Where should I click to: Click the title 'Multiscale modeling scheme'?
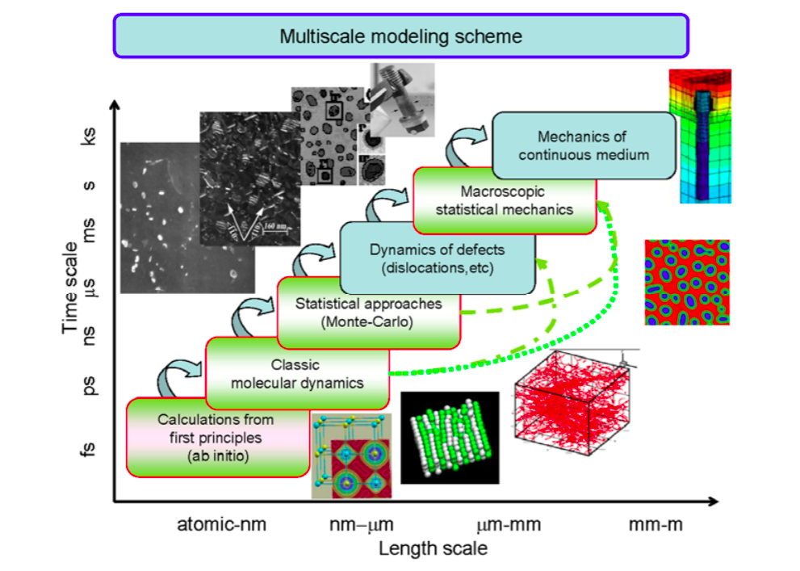click(x=400, y=36)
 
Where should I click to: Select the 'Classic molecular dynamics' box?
click(x=297, y=374)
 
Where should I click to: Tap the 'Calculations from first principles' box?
click(x=216, y=436)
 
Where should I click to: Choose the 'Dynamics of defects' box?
click(x=438, y=258)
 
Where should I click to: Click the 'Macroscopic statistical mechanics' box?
click(x=505, y=200)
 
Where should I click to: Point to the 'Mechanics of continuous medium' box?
click(x=583, y=145)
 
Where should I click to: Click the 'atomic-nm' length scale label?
click(x=222, y=525)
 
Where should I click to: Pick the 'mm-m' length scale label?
click(x=655, y=525)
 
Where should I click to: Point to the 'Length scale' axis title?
click(x=434, y=549)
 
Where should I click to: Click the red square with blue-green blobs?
click(x=687, y=282)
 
